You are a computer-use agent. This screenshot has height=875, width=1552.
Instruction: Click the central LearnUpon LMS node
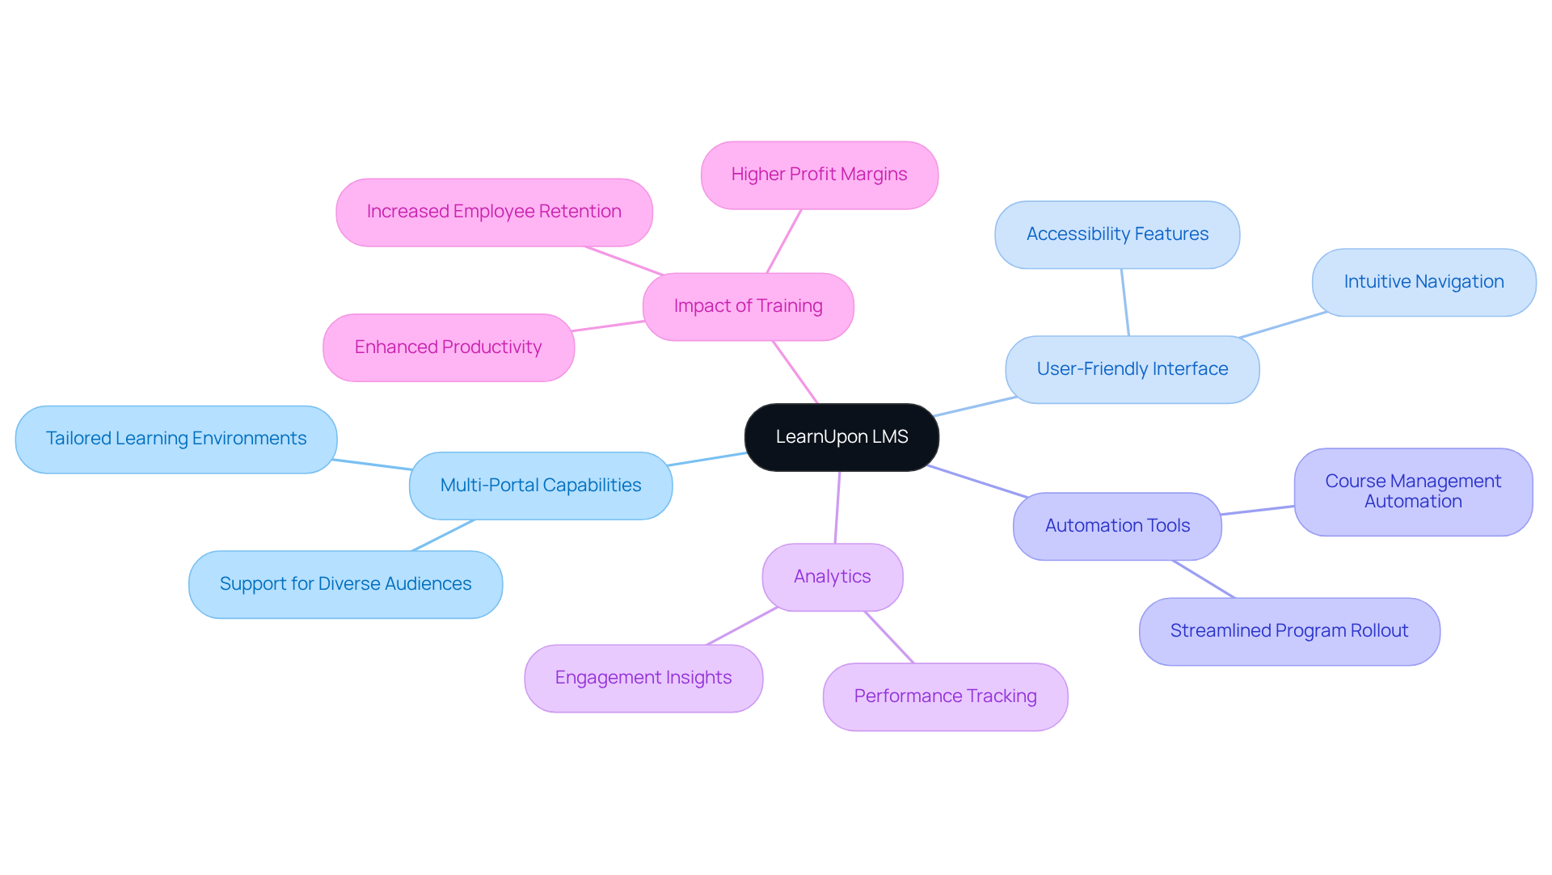[x=841, y=437]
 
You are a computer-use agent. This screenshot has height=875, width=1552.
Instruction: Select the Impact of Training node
[x=748, y=306]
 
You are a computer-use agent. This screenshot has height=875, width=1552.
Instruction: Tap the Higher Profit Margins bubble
[x=819, y=175]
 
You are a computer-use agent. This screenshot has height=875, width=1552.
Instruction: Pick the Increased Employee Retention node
[x=494, y=212]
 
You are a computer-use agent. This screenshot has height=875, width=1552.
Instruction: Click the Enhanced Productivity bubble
[x=448, y=347]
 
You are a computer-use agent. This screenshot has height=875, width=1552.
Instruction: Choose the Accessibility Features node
[x=1117, y=234]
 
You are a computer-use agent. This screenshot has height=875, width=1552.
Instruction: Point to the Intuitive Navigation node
[x=1423, y=282]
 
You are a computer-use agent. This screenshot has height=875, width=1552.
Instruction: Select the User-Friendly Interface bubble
[x=1132, y=369]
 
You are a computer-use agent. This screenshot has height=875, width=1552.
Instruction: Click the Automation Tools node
[x=1117, y=526]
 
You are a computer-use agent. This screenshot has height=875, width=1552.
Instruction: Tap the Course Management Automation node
[x=1413, y=491]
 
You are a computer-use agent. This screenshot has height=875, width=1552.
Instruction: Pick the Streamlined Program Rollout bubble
[x=1289, y=631]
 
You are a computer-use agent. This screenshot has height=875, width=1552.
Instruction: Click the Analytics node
[x=832, y=577]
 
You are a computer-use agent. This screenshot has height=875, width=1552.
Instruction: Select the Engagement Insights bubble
[x=643, y=678]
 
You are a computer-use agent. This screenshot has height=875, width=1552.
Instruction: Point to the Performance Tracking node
[x=945, y=696]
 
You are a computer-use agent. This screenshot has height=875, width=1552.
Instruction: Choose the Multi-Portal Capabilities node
[x=540, y=486]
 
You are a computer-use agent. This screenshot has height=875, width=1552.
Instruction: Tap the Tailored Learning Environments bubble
[x=175, y=439]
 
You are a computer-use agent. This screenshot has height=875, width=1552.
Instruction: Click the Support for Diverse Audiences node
[x=345, y=584]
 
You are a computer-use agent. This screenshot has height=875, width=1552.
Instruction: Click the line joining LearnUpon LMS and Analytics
[x=837, y=507]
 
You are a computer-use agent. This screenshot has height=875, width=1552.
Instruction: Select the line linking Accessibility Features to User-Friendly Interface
[x=1124, y=302]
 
